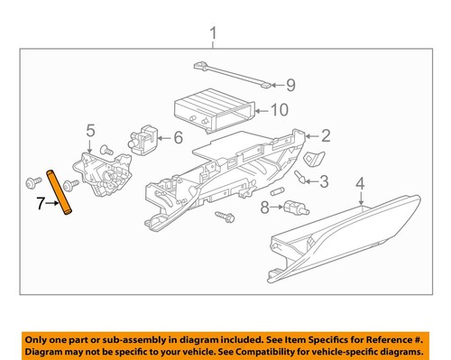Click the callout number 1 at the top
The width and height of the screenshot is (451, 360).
coord(213,35)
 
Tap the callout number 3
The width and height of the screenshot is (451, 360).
coord(326,182)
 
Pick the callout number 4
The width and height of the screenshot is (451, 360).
coord(360,187)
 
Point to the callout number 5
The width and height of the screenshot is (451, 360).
coord(90,132)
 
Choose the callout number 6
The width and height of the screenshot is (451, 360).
coord(177,138)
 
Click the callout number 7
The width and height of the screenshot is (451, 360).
coord(40,206)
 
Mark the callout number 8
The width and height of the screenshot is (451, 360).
coord(263,209)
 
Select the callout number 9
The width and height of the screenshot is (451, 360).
coord(290,86)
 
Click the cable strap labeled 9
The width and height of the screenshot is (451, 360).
coord(230,74)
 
